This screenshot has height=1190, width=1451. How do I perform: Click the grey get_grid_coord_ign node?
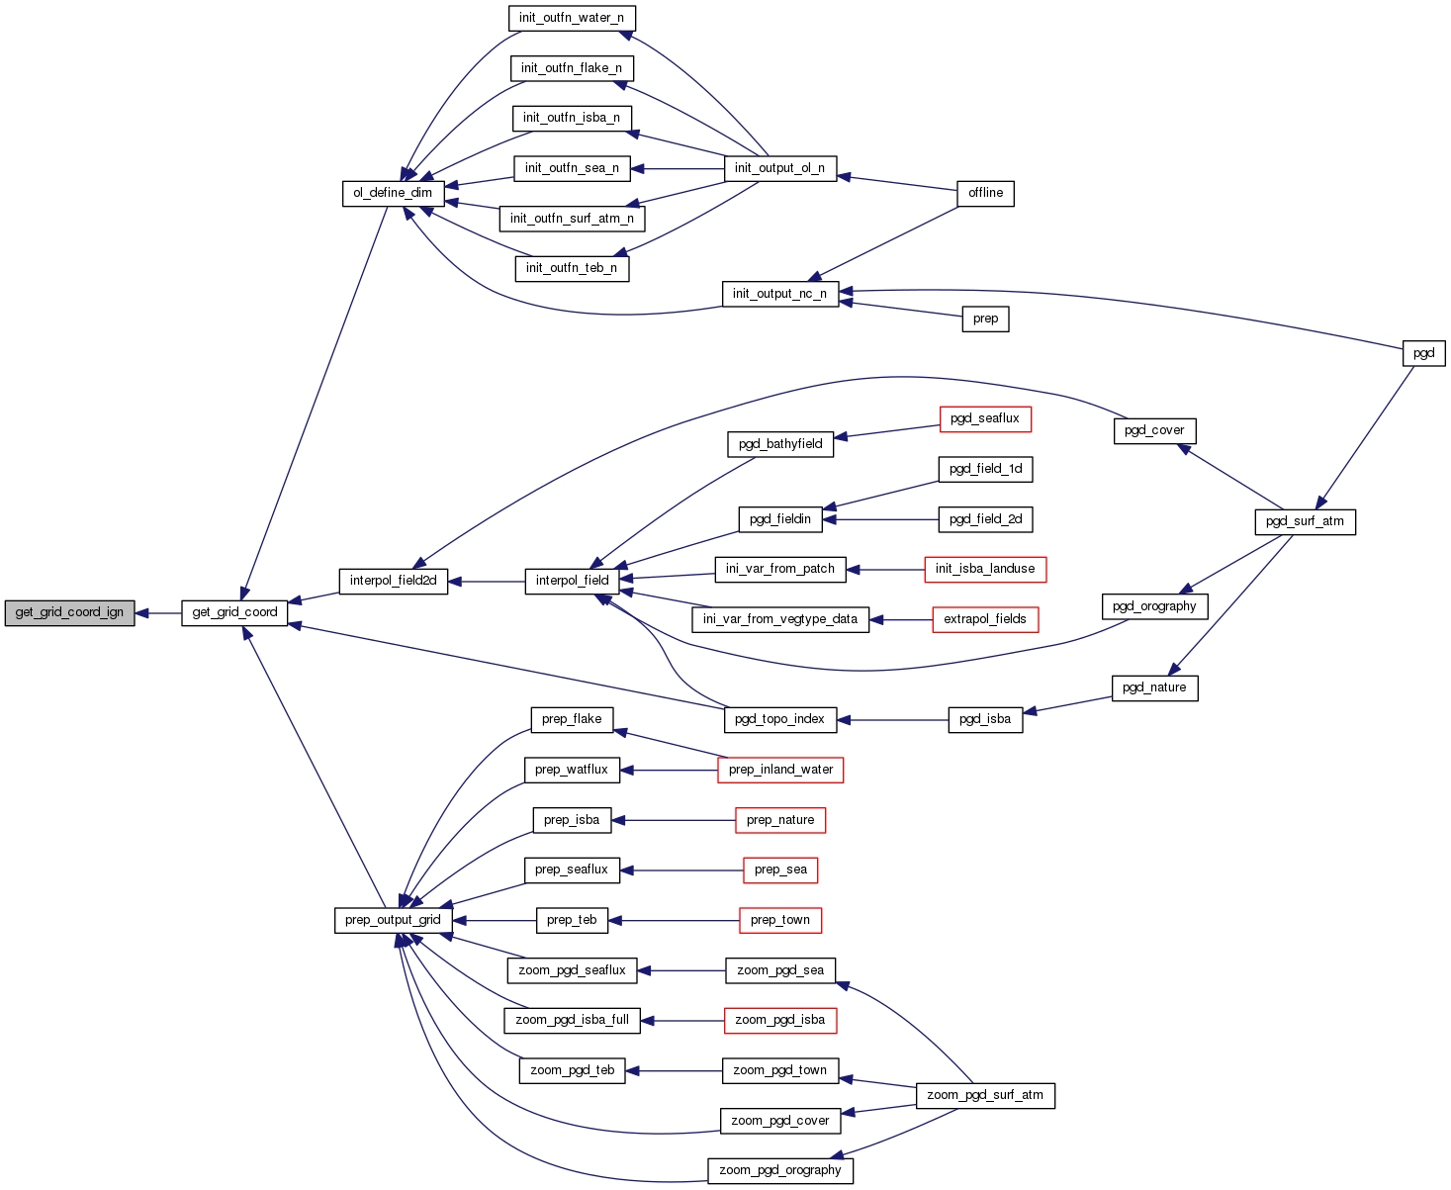69,613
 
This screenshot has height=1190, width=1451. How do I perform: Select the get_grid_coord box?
234,613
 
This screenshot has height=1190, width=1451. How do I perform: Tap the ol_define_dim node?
393,193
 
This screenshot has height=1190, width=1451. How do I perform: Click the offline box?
985,193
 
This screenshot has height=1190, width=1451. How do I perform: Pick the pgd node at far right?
1423,353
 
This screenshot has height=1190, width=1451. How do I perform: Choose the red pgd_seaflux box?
984,419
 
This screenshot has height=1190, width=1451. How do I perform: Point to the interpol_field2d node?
394,581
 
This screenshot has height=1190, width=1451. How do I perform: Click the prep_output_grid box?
393,920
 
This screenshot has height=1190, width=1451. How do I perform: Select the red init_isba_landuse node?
984,569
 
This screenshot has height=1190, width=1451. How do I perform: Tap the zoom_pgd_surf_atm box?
985,1095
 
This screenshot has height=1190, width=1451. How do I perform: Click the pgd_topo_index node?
780,719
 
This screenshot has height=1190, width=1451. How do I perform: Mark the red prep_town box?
779,920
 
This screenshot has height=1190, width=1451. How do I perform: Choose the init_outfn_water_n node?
572,18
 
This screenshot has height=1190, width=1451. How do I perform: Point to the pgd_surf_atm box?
1305,521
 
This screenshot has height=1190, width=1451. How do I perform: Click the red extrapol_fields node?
984,619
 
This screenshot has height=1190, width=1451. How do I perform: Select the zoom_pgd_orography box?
779,1170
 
